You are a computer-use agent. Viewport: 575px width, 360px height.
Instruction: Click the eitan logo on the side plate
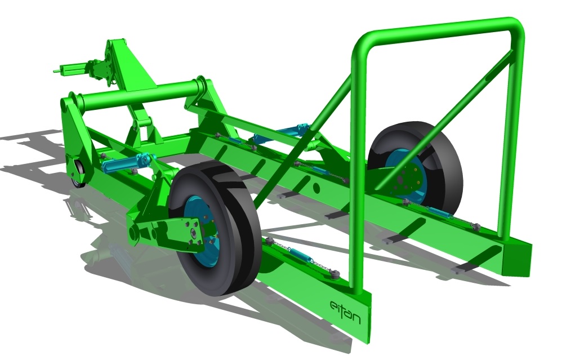point(345,309)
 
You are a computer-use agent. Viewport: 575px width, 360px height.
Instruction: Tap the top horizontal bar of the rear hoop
point(439,27)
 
